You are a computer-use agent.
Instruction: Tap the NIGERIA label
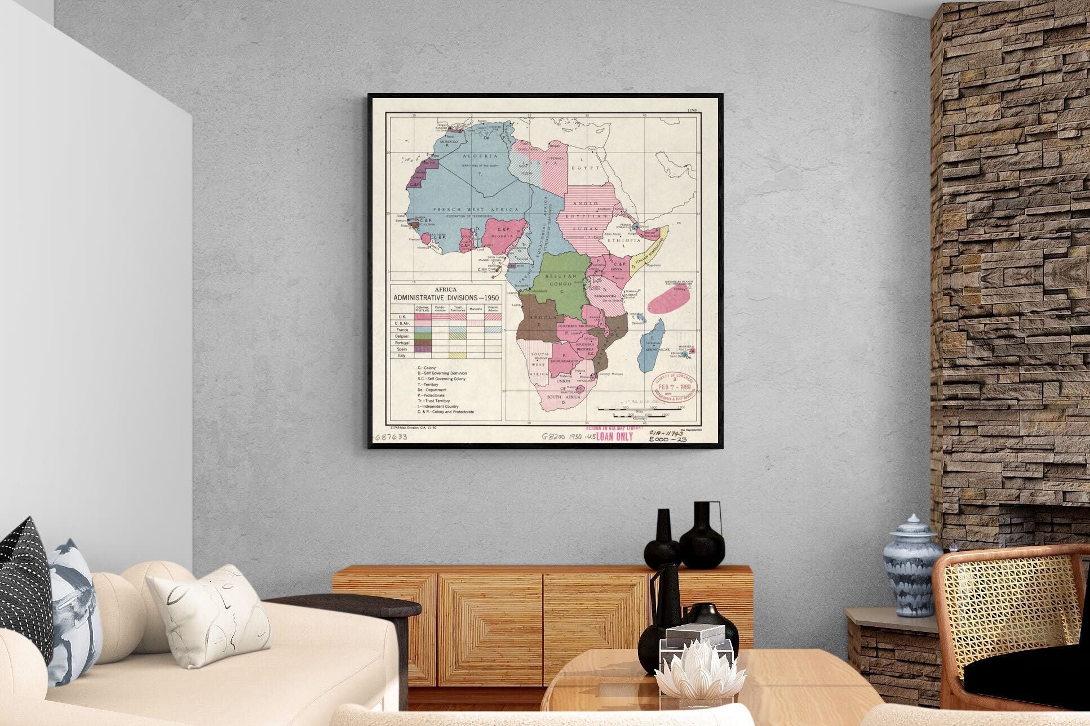[502, 236]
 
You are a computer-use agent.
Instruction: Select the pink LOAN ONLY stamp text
[614, 437]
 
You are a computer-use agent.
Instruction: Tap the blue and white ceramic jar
[911, 566]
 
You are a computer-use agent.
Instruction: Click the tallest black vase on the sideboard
[702, 535]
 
